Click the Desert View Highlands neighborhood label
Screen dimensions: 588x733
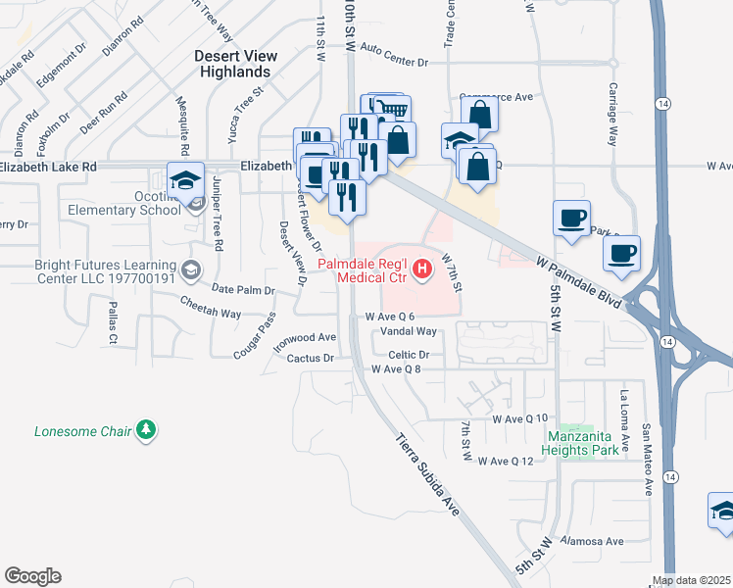[232, 64]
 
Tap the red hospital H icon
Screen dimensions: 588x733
[422, 268]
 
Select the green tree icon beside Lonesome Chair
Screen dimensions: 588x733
[146, 430]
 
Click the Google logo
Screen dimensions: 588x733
[32, 576]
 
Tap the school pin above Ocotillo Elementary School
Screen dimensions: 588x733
[183, 180]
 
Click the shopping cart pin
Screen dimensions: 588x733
[391, 111]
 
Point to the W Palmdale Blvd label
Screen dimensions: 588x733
[579, 284]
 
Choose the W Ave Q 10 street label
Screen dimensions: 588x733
[519, 418]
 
